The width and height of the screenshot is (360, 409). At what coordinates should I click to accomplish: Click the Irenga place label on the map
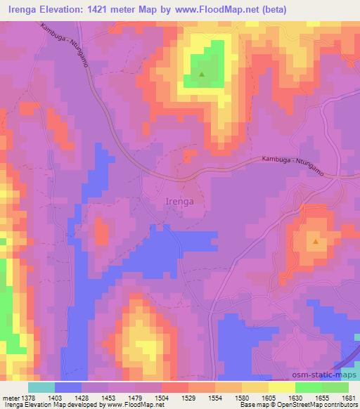(179, 200)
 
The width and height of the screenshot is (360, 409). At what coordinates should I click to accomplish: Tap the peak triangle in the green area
(202, 74)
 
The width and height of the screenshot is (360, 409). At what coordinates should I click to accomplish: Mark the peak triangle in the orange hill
(316, 242)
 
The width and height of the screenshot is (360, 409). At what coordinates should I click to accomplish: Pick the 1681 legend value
(349, 397)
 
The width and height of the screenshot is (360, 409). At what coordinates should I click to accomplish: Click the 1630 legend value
(296, 397)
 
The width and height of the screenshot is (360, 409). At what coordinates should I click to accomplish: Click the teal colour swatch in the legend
(41, 387)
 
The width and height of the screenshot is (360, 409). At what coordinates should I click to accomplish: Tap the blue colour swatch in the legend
(68, 387)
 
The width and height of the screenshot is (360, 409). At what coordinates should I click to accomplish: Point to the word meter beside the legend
(9, 397)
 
